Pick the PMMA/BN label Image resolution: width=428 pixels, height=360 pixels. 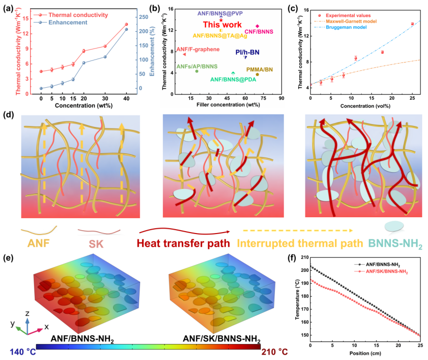(260, 69)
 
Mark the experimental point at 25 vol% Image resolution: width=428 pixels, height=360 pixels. (412, 24)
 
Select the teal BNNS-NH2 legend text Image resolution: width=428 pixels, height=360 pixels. (395, 243)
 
